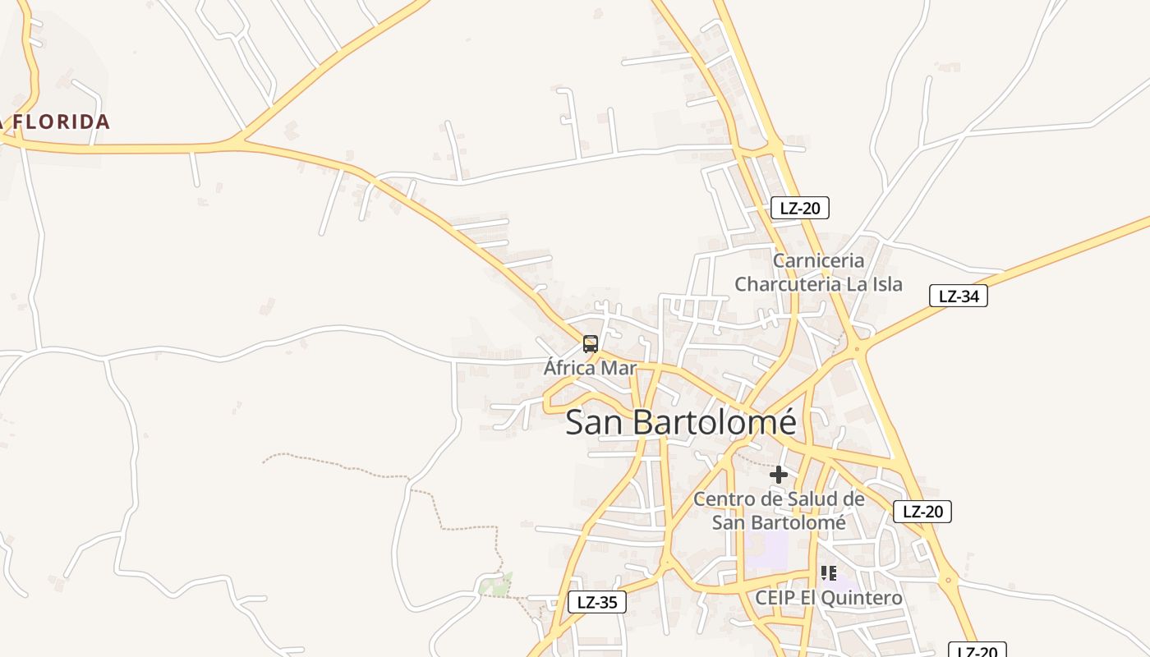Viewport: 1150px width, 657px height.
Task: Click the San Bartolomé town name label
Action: pos(680,422)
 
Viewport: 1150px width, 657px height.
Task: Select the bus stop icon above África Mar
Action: pos(590,344)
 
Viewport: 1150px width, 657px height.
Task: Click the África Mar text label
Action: pos(590,368)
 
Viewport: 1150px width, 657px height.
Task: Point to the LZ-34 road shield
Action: pos(958,296)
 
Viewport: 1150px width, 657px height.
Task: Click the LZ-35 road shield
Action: pos(596,602)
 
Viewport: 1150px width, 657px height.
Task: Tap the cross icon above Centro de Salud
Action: pos(778,475)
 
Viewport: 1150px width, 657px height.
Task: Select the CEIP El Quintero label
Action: pos(828,598)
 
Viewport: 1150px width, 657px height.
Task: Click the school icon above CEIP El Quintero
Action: pos(828,573)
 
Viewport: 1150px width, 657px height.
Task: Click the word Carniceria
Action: pos(819,260)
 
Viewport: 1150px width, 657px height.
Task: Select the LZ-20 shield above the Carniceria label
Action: pos(799,208)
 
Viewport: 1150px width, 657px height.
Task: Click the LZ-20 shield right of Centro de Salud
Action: pos(922,512)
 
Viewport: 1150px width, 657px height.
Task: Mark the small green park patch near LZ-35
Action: pos(496,586)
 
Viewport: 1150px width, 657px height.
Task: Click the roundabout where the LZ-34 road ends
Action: pos(857,350)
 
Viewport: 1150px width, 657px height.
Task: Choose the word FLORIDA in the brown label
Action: pos(62,122)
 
